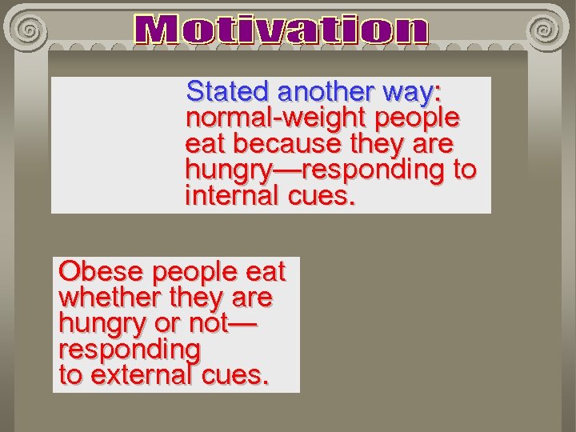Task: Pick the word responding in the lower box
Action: (129, 350)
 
